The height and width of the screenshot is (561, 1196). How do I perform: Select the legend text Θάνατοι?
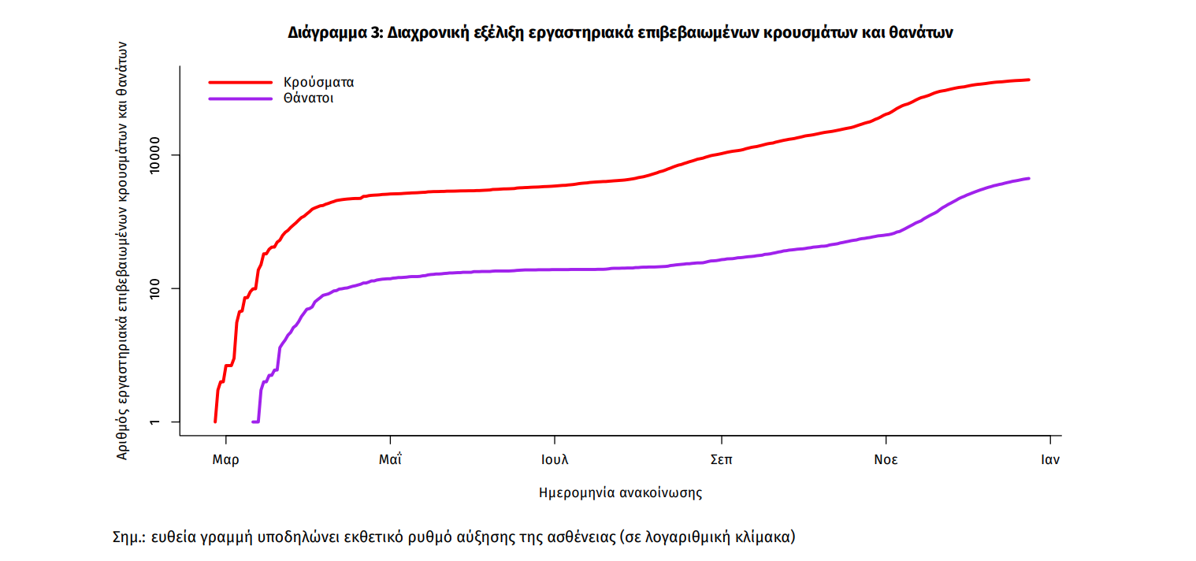(x=307, y=98)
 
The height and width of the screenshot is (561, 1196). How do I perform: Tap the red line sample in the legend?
(x=240, y=81)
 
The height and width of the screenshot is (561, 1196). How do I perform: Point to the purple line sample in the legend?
(x=240, y=98)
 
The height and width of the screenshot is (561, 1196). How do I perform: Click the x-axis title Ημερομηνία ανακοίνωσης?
(x=620, y=493)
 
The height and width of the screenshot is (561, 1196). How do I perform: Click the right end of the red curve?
(x=1029, y=80)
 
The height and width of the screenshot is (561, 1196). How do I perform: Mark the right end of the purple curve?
(x=1029, y=178)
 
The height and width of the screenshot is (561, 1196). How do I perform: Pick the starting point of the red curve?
(x=215, y=422)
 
